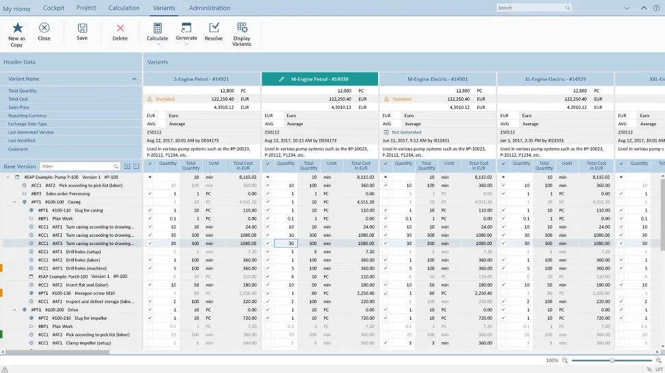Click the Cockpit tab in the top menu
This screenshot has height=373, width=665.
(53, 8)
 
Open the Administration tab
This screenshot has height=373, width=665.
(210, 8)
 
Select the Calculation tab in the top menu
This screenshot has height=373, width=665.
(124, 8)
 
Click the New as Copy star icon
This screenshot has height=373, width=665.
(17, 28)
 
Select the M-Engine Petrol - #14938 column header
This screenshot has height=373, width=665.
(319, 79)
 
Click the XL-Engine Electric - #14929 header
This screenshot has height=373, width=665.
(555, 79)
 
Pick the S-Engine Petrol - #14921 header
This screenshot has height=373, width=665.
(201, 79)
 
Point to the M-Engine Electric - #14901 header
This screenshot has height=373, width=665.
(438, 79)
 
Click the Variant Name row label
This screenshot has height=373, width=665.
(24, 79)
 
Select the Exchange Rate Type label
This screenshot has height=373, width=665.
(27, 124)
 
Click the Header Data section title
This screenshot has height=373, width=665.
(19, 62)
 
